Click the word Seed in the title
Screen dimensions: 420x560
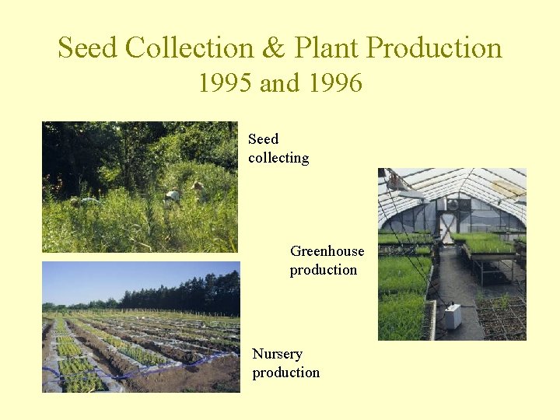click(88, 48)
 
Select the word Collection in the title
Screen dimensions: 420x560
click(189, 48)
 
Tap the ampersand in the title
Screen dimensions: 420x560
click(273, 48)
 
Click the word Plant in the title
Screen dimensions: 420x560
click(327, 48)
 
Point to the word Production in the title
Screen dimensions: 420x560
click(434, 48)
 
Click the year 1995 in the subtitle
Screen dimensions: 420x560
click(226, 82)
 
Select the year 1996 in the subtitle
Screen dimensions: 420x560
click(335, 82)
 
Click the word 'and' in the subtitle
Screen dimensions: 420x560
click(281, 82)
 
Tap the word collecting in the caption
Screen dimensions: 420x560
click(278, 159)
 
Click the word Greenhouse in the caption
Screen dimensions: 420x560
click(327, 251)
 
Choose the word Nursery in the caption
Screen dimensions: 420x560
click(277, 354)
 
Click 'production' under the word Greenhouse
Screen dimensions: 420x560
click(323, 271)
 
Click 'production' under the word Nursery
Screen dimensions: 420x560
click(285, 373)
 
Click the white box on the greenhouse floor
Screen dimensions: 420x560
click(452, 315)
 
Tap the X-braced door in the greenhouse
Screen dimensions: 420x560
click(446, 227)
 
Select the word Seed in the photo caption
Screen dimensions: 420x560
click(263, 139)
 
